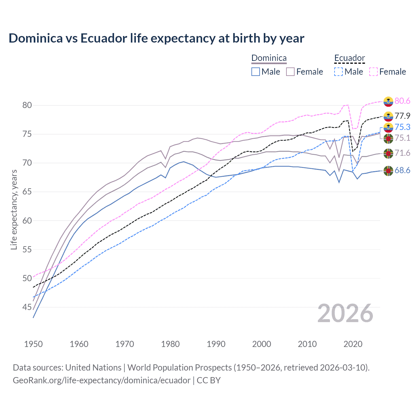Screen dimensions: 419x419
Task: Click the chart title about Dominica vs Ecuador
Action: click(x=156, y=38)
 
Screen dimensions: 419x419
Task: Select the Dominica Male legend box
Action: click(x=256, y=72)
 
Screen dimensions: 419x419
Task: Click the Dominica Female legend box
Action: click(x=290, y=72)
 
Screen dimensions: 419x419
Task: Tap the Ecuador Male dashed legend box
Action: click(x=338, y=72)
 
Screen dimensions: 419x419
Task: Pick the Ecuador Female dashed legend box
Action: click(x=373, y=72)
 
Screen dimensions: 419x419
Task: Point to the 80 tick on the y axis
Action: click(x=27, y=105)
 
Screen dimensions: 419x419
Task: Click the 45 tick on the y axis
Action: click(x=27, y=307)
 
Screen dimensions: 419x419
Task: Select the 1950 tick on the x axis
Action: click(x=33, y=344)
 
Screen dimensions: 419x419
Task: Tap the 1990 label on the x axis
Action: click(x=216, y=344)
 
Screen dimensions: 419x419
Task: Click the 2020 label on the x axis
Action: click(x=353, y=344)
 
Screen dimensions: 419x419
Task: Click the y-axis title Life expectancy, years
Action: click(x=14, y=209)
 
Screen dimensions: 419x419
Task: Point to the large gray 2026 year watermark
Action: click(x=345, y=313)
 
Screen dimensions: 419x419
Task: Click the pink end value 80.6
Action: click(x=402, y=101)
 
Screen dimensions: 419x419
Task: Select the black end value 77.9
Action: click(x=402, y=116)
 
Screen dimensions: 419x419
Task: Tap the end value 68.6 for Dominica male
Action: click(x=402, y=170)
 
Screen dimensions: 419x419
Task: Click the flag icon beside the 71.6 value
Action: click(x=388, y=153)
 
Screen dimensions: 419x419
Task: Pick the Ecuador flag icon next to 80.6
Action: click(x=388, y=101)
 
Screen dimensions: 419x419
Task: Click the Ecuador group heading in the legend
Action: click(x=349, y=58)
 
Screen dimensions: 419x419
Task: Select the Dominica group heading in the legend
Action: click(x=269, y=58)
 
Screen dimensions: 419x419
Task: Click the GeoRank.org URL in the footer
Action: click(x=101, y=380)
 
